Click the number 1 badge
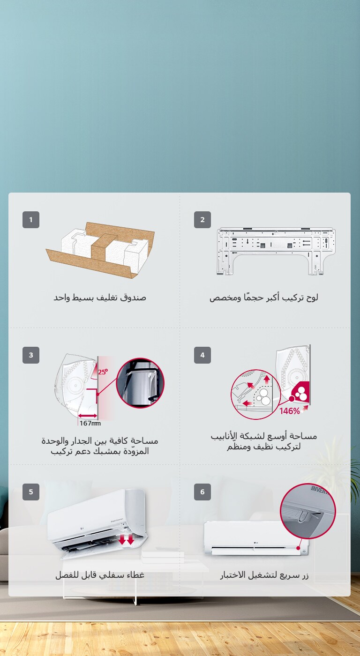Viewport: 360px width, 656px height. (x=31, y=220)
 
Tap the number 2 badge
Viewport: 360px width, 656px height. (x=202, y=220)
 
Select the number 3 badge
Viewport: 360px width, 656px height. (x=31, y=355)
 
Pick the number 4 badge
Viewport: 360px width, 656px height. (x=202, y=355)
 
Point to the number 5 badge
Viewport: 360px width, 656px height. (x=31, y=492)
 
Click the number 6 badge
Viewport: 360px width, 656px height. (x=202, y=492)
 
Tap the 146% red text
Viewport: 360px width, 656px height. (x=290, y=411)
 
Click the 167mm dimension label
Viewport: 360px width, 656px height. (x=90, y=424)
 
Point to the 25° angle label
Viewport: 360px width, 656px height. (x=103, y=373)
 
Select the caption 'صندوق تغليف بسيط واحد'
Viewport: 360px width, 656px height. (x=99, y=298)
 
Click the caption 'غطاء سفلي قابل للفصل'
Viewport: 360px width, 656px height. (x=99, y=575)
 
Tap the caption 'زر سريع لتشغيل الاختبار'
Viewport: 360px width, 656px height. (x=264, y=575)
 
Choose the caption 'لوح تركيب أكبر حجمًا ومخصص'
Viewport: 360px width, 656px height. (x=264, y=298)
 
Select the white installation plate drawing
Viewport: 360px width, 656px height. (x=276, y=249)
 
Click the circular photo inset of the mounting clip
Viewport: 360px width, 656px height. (x=140, y=383)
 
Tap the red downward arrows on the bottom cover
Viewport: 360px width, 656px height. (x=126, y=540)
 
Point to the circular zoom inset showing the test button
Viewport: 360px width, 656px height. (x=308, y=511)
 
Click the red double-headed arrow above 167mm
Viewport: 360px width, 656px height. (x=88, y=415)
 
